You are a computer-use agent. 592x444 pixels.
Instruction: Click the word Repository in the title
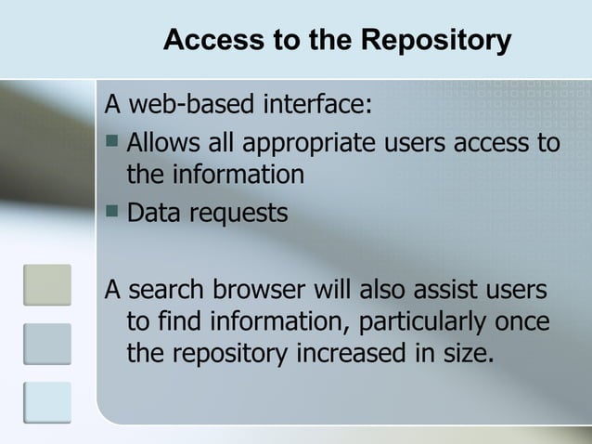point(436,41)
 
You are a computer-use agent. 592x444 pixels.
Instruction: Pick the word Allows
point(160,144)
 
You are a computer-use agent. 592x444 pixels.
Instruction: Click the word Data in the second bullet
point(153,213)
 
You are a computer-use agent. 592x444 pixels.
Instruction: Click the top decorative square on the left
point(46,285)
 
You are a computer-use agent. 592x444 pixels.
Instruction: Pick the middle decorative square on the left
point(46,344)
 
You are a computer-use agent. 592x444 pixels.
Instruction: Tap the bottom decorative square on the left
point(46,401)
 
